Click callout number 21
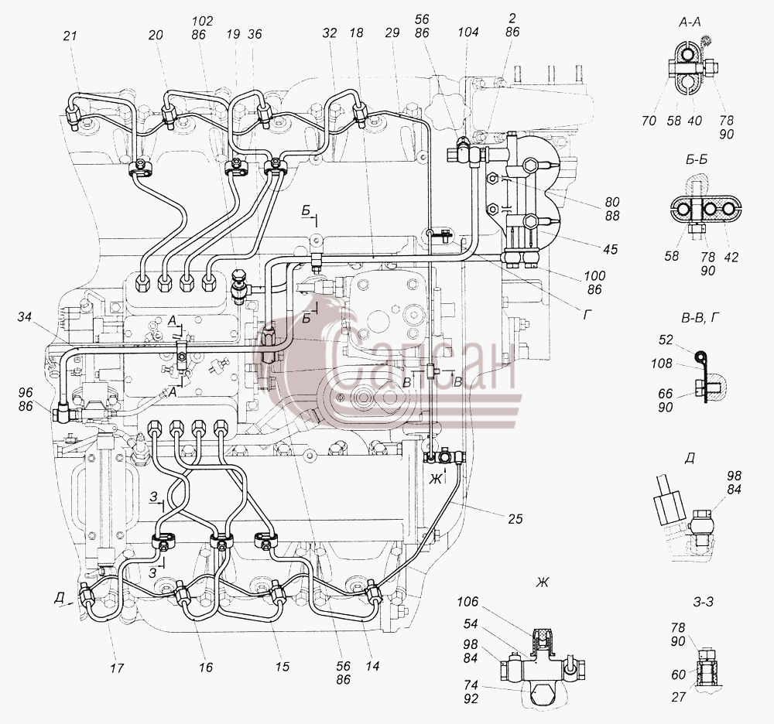point(70,36)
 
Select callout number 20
point(156,35)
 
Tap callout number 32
point(329,33)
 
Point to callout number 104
point(467,32)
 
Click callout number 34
point(24,316)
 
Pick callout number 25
point(515,518)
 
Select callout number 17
point(117,668)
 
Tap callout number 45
point(610,249)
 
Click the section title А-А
point(690,22)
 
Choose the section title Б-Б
point(697,160)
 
